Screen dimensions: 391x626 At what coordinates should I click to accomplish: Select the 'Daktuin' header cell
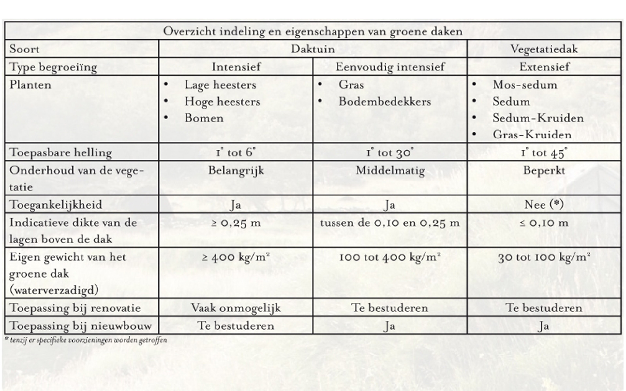[x=313, y=49]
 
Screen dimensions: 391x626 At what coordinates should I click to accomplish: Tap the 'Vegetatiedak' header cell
[x=544, y=49]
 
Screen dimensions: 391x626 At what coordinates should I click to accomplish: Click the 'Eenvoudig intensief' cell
[x=390, y=67]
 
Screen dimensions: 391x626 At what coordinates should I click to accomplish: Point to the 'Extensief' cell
[x=544, y=67]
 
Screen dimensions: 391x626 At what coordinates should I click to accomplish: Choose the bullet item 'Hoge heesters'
[x=222, y=102]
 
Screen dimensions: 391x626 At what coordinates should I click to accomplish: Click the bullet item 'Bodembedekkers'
[x=384, y=102]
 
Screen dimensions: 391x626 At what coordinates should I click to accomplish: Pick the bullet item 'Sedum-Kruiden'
[x=538, y=118]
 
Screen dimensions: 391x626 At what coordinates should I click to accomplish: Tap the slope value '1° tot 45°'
[x=544, y=152]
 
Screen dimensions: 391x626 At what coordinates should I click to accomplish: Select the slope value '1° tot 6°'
[x=236, y=152]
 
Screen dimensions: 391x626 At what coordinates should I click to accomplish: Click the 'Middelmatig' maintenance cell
[x=390, y=170]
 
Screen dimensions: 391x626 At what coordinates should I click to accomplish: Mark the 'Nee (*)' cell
[x=544, y=205]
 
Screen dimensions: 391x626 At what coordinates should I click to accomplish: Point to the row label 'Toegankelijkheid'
[x=56, y=205]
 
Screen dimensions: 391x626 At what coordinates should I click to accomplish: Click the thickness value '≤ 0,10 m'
[x=544, y=223]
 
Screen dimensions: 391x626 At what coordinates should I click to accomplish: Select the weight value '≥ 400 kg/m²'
[x=236, y=257]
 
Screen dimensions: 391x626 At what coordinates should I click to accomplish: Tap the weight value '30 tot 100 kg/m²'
[x=544, y=257]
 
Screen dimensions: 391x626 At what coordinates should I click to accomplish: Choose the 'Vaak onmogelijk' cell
[x=236, y=308]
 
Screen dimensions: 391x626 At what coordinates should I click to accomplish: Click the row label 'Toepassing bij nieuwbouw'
[x=81, y=326]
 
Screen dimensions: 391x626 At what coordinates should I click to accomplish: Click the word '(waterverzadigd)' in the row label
[x=54, y=290]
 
